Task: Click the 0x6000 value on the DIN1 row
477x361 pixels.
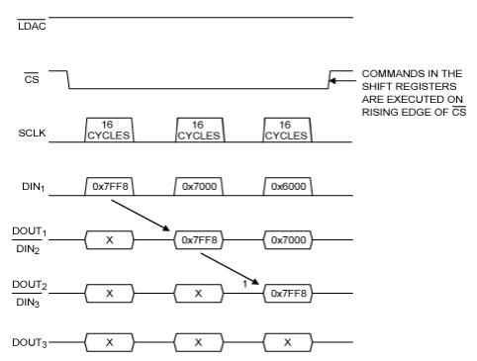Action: (287, 185)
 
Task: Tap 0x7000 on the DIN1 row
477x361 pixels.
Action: (198, 185)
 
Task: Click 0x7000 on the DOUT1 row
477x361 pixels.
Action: (287, 239)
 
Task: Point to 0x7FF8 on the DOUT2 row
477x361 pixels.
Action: (287, 293)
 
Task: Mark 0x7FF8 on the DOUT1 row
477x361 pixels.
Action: (198, 239)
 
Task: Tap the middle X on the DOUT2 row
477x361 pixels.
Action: (198, 293)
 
